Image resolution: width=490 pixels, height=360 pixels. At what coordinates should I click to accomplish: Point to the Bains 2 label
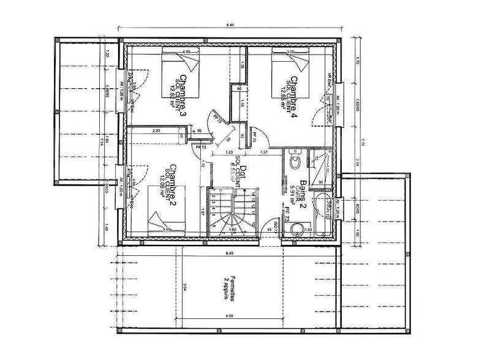(x=293, y=181)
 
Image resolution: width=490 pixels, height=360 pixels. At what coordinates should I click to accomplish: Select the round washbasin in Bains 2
(x=298, y=230)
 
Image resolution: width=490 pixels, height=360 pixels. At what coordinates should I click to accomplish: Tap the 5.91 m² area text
(x=284, y=187)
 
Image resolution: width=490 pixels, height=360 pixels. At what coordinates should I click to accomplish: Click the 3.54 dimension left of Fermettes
(x=184, y=287)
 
